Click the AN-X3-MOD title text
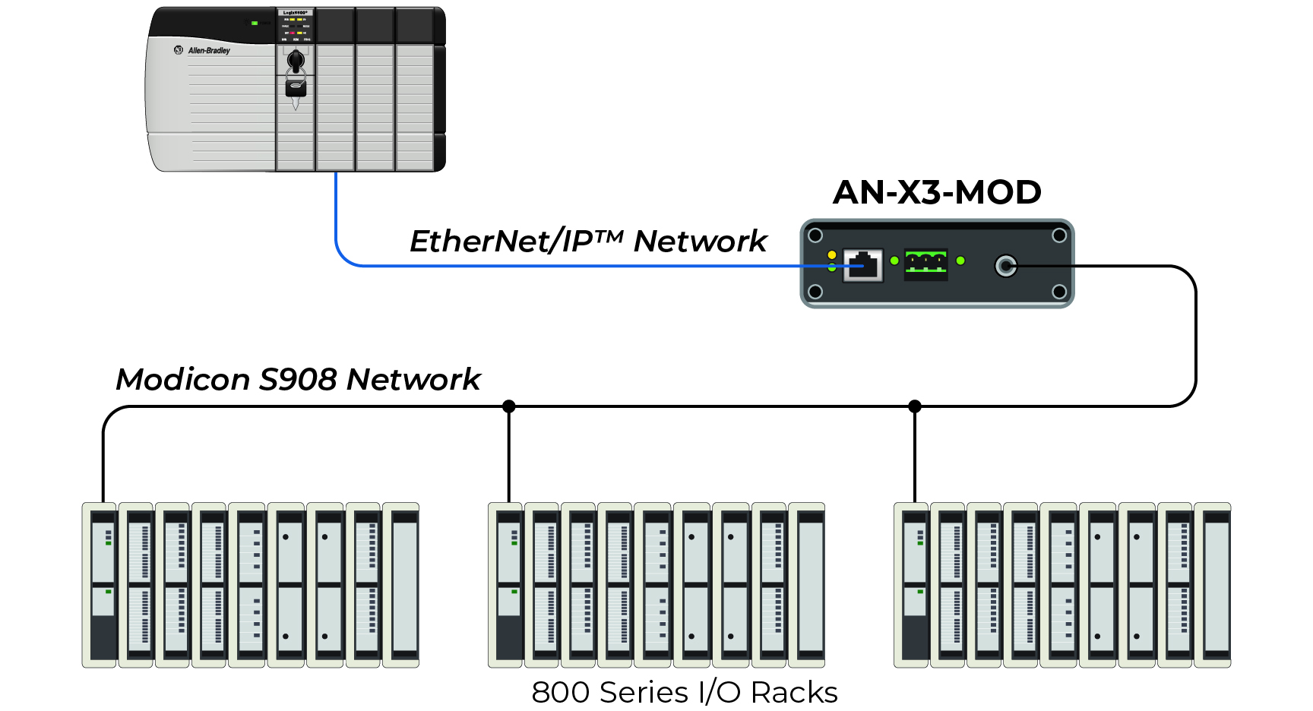[x=936, y=192]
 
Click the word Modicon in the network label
[x=182, y=379]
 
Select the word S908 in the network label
[x=298, y=379]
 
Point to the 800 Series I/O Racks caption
[x=684, y=692]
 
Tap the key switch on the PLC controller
[x=296, y=61]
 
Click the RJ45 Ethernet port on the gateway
[x=863, y=265]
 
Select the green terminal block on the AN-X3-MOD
[x=925, y=264]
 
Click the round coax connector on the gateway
[x=1005, y=266]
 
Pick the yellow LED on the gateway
[x=832, y=254]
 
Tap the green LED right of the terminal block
[x=960, y=261]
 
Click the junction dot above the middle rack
[x=509, y=406]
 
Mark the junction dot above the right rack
[x=915, y=406]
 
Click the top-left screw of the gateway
[x=815, y=235]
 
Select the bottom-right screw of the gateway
[x=1059, y=292]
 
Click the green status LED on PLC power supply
[x=255, y=23]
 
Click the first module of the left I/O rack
[x=100, y=585]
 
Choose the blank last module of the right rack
[x=1213, y=585]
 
